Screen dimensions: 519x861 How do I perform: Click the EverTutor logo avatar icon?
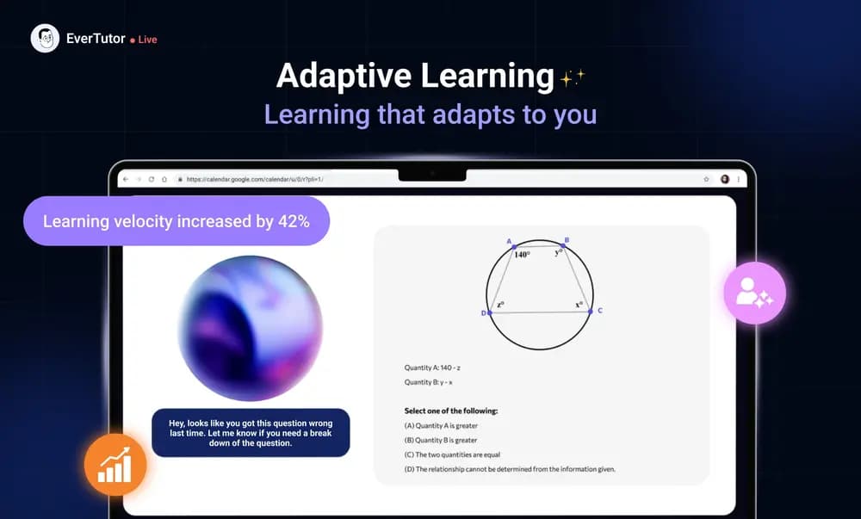45,39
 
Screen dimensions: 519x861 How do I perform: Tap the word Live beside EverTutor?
147,40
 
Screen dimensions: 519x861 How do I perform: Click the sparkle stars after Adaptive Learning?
572,78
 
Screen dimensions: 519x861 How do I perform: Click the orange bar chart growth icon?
115,466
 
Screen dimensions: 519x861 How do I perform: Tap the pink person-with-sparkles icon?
754,293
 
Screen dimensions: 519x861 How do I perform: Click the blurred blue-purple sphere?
250,328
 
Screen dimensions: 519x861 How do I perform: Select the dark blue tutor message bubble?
251,433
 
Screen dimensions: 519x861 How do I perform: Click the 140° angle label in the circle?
522,255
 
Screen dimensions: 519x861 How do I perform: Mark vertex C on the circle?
591,311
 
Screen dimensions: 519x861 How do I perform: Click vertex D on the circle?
489,312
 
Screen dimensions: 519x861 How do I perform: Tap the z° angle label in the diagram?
499,305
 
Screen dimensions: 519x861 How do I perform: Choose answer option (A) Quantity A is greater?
441,425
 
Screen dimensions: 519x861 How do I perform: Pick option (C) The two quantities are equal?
452,454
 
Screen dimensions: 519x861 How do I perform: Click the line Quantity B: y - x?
428,382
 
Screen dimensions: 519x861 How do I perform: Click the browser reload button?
152,179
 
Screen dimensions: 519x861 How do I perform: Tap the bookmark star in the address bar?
706,179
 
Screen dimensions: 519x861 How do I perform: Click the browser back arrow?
125,179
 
